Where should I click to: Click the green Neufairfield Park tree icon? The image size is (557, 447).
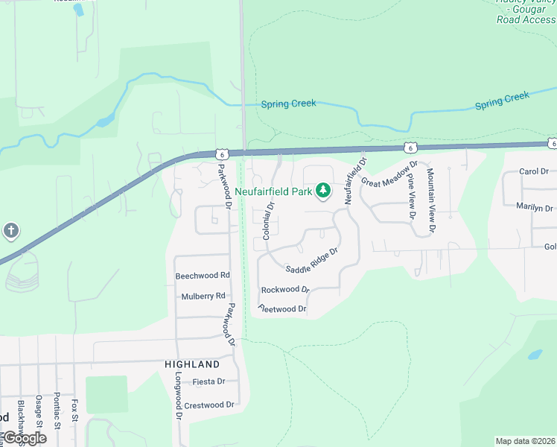323,192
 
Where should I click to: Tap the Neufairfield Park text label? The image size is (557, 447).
273,191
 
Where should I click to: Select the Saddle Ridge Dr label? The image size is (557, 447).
312,260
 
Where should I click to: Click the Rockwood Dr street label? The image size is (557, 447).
284,289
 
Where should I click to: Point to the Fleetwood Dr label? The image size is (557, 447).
282,308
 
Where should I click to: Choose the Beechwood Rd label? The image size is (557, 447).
203,276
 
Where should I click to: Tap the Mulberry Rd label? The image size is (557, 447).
203,296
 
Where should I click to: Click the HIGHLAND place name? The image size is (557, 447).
192,364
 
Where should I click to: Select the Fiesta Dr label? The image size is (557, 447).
209,381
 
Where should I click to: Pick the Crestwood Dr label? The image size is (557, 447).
209,405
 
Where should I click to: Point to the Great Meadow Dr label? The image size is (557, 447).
389,174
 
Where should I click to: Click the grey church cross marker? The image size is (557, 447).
10,231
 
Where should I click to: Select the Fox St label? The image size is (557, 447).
74,410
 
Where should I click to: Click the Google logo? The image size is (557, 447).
24,438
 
